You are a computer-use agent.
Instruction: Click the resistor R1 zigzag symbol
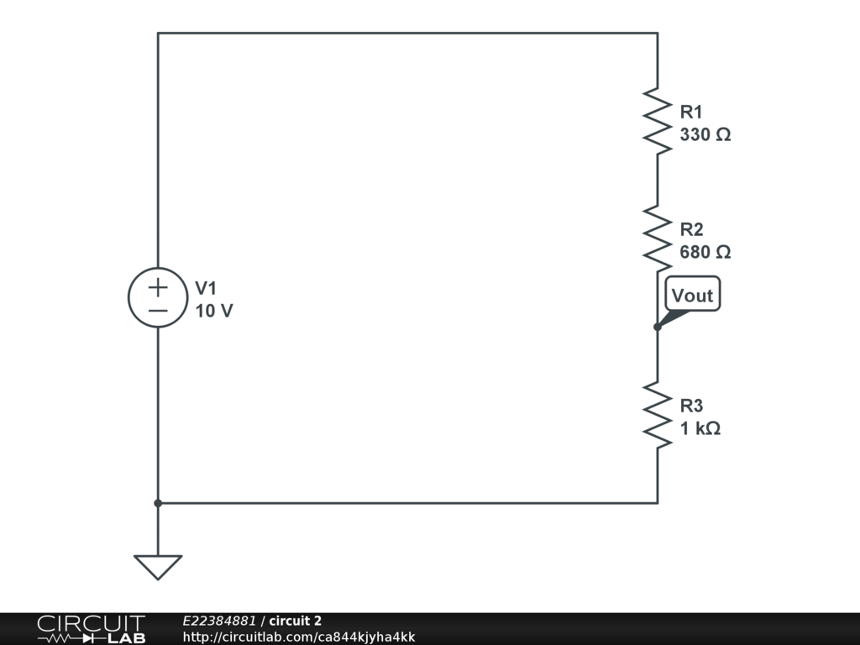[658, 121]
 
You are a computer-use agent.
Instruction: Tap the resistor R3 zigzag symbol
[658, 415]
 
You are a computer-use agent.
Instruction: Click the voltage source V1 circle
[158, 298]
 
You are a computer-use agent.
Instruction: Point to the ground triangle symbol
[158, 567]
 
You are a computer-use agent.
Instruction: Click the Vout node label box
[693, 295]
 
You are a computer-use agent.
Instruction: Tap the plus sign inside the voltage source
[158, 287]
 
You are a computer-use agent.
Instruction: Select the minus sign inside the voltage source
[158, 311]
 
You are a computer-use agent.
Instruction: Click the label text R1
[691, 112]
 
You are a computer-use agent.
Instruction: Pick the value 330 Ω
[705, 134]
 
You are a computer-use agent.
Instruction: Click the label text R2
[691, 229]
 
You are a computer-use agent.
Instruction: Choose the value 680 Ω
[705, 252]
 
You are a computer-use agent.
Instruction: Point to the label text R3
[691, 406]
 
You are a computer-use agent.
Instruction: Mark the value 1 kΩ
[700, 428]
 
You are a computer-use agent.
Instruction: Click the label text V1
[206, 288]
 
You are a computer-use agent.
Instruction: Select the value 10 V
[214, 311]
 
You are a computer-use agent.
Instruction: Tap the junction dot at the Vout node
[658, 327]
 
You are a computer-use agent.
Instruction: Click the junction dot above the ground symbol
[158, 503]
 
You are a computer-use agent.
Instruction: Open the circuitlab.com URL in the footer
[299, 637]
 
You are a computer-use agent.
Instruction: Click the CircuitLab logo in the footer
[91, 629]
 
